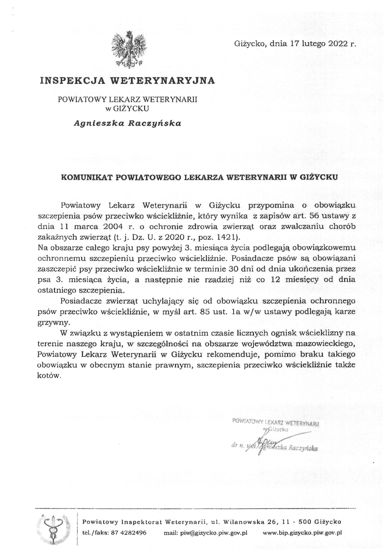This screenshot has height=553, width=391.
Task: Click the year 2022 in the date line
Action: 337,44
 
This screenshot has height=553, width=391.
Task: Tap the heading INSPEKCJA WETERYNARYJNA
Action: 128,81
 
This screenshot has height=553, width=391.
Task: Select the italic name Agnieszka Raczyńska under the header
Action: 128,123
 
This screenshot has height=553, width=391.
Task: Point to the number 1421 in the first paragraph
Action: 225,237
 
